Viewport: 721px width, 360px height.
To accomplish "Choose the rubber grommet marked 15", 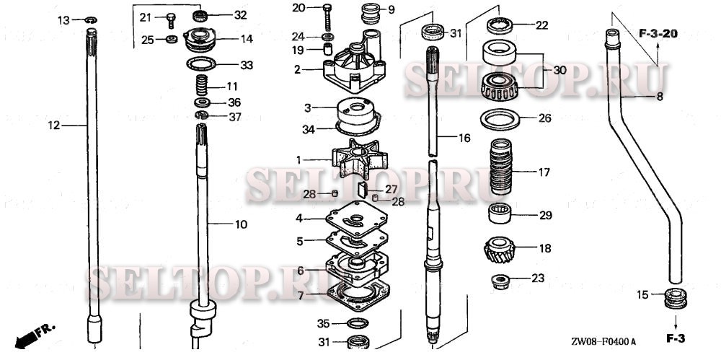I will pyautogui.click(x=675, y=296).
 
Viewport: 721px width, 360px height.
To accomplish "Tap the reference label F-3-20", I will pyautogui.click(x=658, y=33).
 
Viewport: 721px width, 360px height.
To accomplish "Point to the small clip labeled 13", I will pyautogui.click(x=90, y=20).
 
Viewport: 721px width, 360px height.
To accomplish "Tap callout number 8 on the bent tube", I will pyautogui.click(x=659, y=96).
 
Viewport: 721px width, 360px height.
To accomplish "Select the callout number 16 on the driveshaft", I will pyautogui.click(x=464, y=136).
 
